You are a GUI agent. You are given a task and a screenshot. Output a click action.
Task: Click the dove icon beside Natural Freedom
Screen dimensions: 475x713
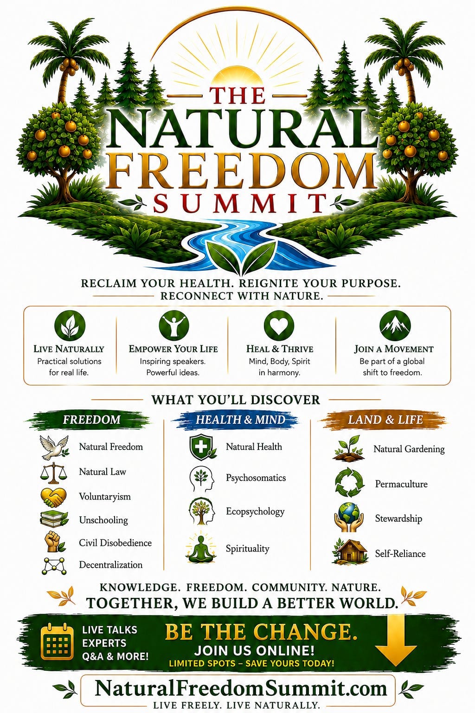(54, 447)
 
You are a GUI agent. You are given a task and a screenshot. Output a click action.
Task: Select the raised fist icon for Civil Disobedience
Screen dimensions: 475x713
(54, 542)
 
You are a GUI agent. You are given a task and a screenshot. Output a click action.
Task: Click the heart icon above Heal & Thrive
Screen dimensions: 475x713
(279, 325)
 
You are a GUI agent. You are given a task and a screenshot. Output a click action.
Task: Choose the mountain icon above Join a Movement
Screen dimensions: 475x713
(395, 325)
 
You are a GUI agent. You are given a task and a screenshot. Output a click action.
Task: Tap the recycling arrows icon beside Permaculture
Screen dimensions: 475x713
(349, 482)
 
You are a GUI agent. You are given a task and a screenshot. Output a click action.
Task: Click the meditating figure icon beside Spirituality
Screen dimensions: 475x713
(201, 547)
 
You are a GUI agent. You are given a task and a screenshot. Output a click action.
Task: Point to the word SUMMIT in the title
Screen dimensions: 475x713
(241, 202)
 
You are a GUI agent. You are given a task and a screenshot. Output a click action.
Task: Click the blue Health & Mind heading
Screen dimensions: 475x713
(240, 420)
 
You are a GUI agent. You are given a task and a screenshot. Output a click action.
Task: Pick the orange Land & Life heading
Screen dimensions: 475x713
(385, 420)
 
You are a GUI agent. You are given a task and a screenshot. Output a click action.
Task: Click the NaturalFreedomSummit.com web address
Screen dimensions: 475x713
(241, 688)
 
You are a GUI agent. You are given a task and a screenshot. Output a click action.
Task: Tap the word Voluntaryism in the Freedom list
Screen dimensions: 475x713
(105, 497)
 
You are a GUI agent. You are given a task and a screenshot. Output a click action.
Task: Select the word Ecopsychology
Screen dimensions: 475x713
(255, 512)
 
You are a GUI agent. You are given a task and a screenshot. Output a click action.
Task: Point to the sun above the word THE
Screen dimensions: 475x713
(238, 77)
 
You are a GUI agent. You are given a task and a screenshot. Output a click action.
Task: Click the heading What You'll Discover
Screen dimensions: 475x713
(236, 400)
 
